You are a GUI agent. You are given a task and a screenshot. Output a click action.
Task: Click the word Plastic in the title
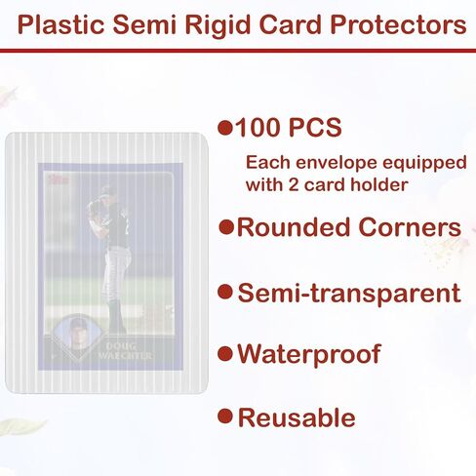[x=60, y=25]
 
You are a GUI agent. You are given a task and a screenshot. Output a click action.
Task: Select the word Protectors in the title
[x=398, y=25]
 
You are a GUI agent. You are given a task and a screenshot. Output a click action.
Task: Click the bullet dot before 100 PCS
[x=225, y=128]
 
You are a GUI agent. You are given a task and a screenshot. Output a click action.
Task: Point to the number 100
[x=258, y=127]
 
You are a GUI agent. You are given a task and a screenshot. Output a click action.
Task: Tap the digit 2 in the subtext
[x=294, y=185]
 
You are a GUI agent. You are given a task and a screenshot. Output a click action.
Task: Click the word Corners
[x=410, y=227]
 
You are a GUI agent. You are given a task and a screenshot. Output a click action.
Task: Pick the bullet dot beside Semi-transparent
[x=225, y=292]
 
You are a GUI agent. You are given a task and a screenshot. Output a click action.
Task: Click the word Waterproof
[x=309, y=354]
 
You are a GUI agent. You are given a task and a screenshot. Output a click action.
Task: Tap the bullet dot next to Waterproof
[x=225, y=354]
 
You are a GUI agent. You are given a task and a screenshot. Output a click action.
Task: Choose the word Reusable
[x=297, y=417]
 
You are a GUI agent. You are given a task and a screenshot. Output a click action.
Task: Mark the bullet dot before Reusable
[x=225, y=416]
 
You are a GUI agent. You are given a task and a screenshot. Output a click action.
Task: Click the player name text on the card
[x=124, y=351]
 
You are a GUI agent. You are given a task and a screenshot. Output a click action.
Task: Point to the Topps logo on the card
[x=59, y=179]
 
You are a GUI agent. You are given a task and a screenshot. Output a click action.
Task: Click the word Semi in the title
[x=144, y=25]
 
